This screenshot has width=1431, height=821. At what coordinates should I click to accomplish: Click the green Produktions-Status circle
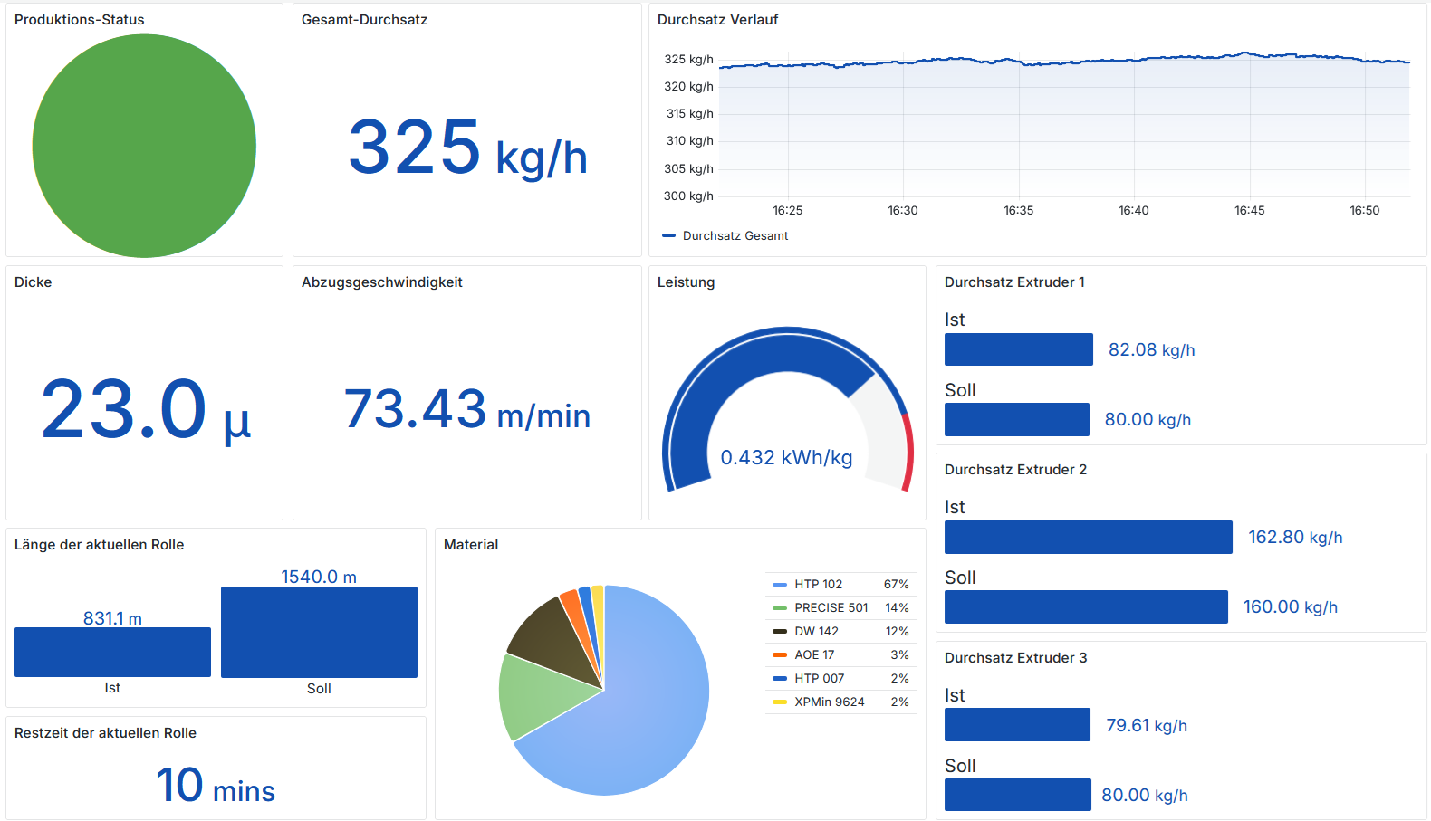point(144,146)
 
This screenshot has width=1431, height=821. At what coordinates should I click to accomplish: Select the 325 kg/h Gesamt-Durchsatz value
point(467,148)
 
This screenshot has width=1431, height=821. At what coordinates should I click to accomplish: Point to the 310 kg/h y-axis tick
point(688,141)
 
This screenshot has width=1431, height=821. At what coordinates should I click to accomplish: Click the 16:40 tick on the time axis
point(1133,210)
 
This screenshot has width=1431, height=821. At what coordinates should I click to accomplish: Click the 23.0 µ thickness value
point(145,410)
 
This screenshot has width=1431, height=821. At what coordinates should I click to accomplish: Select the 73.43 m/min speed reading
point(467,410)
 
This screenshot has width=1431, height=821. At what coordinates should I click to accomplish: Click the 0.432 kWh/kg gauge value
point(786,458)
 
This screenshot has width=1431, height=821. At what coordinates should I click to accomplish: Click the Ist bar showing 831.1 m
point(112,652)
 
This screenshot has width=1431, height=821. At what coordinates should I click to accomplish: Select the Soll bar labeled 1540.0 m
point(319,632)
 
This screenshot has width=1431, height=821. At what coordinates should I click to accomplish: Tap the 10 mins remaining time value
point(216,786)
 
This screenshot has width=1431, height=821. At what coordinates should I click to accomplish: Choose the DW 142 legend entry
point(816,631)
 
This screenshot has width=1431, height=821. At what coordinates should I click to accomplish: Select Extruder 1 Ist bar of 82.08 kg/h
point(1018,349)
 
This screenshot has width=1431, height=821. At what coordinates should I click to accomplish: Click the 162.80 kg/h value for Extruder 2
point(1295,538)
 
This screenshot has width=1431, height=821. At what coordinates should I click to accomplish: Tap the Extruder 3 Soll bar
point(1017,795)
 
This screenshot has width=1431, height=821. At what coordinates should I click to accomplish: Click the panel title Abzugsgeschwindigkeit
point(381,282)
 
